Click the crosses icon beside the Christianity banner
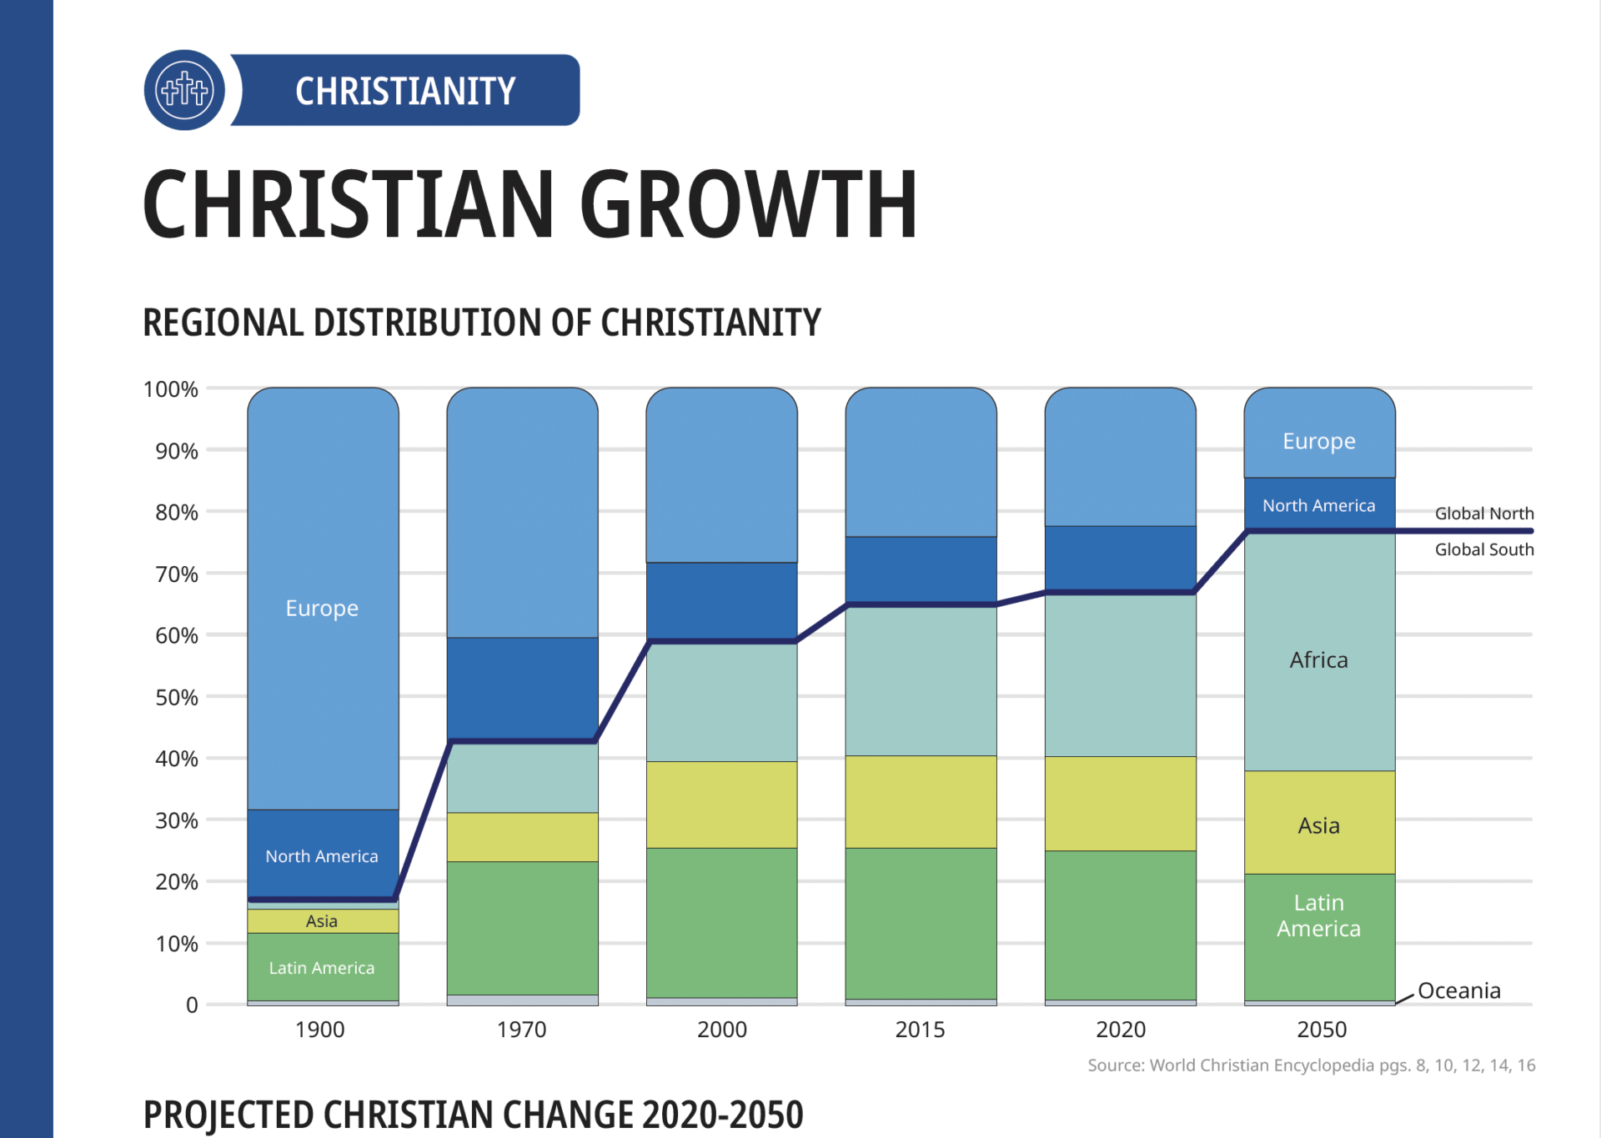coord(184,90)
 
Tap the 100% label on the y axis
coord(171,389)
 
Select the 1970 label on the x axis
coord(521,1030)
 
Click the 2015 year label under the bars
coord(920,1030)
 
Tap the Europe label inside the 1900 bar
coord(322,608)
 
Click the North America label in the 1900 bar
coord(322,856)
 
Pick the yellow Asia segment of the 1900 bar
coord(322,920)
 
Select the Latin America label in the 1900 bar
coord(322,968)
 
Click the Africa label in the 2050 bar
coord(1318,660)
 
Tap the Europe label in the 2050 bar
coord(1318,441)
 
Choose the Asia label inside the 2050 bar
coord(1318,825)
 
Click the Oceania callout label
coord(1458,990)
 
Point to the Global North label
coord(1483,514)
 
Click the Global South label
coord(1483,549)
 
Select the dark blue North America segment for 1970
coord(522,688)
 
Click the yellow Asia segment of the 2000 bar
coord(721,805)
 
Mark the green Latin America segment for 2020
coord(1120,925)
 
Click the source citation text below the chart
coord(1311,1065)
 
